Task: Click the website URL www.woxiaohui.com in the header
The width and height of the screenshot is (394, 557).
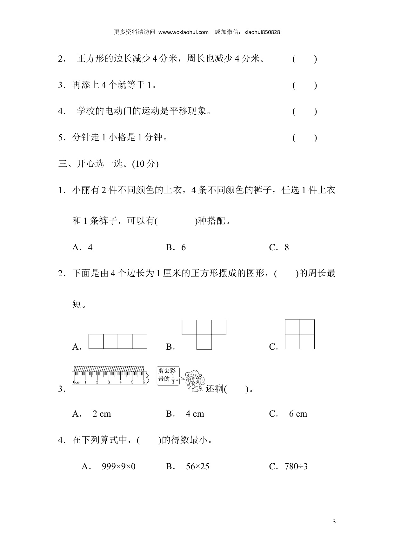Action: tap(183, 32)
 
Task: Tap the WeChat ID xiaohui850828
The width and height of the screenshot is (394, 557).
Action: tap(262, 32)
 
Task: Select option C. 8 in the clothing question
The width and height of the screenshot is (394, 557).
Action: tap(279, 248)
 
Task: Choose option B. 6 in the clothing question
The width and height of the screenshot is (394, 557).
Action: tap(176, 248)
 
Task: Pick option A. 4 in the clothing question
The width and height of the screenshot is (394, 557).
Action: tap(83, 248)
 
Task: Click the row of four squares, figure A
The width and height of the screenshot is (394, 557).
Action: tap(118, 341)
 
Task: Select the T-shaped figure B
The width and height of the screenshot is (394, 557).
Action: tap(204, 334)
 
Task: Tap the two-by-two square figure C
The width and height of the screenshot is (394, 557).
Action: tap(300, 334)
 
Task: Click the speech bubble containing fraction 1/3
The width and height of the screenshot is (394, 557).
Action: tap(168, 376)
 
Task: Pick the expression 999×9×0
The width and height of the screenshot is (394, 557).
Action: tap(118, 466)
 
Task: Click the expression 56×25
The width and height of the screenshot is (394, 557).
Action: tap(197, 466)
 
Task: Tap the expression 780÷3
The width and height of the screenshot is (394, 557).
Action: tap(296, 466)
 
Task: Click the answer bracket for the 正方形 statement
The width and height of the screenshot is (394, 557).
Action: tap(304, 59)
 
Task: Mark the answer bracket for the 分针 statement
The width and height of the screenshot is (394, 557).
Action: tap(304, 138)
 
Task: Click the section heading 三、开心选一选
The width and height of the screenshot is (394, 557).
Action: tap(108, 164)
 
